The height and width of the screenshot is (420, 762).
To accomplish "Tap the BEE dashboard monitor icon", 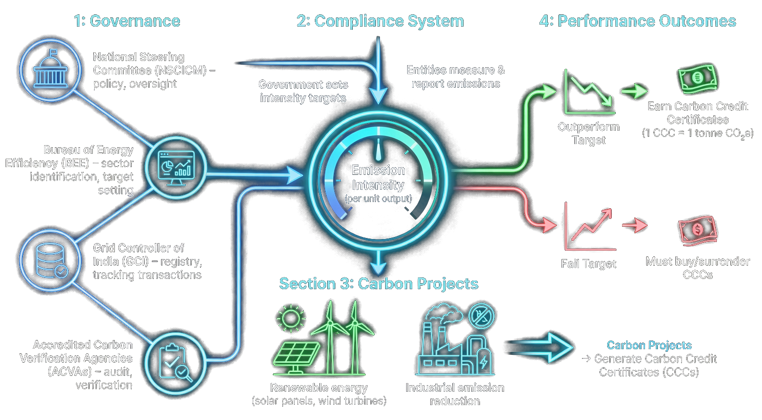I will click(175, 168).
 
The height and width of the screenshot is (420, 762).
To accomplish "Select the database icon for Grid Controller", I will click(51, 261).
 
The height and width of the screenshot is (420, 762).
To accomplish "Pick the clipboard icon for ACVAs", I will click(175, 363).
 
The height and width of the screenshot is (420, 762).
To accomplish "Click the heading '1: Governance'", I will click(127, 21).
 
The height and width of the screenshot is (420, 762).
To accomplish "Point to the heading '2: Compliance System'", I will click(380, 21).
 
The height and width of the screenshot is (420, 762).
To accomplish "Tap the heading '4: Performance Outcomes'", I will click(637, 21).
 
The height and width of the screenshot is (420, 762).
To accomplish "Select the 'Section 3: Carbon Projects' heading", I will click(378, 284).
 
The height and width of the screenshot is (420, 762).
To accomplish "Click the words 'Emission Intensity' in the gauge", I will click(378, 177).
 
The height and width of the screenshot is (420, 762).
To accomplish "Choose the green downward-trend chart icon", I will click(589, 92).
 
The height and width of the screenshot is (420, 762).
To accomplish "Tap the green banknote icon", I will click(697, 78).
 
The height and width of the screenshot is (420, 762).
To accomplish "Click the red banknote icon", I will click(697, 230).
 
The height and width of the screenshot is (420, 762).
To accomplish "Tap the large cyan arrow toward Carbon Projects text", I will click(540, 347).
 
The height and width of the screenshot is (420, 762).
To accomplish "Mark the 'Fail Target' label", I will click(588, 264).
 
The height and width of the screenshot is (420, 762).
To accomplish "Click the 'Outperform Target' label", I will click(589, 133).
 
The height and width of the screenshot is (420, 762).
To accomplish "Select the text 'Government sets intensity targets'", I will click(303, 91).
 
